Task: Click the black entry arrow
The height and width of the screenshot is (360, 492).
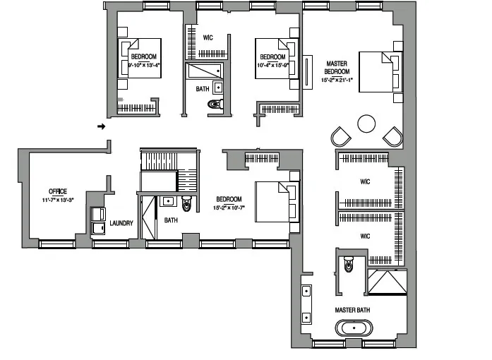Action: [x=101, y=127]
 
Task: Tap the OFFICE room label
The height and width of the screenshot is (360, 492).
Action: [x=57, y=191]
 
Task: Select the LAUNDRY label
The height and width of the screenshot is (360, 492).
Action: [x=121, y=224]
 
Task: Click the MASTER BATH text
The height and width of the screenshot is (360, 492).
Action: [x=352, y=310]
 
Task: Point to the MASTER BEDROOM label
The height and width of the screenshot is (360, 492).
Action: [x=337, y=67]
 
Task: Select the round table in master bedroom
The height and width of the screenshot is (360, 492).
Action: [x=367, y=124]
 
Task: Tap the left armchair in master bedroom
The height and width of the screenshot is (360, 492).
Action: [x=340, y=136]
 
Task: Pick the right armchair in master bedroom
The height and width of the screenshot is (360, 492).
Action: [x=392, y=136]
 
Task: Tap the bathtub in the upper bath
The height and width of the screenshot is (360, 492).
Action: [x=203, y=71]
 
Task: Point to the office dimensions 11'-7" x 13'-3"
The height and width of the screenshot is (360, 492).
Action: [x=57, y=199]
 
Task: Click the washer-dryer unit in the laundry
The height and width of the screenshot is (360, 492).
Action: [x=97, y=220]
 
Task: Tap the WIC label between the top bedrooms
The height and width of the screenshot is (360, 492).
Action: [x=208, y=37]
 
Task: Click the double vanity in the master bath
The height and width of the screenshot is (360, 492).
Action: [x=306, y=304]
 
